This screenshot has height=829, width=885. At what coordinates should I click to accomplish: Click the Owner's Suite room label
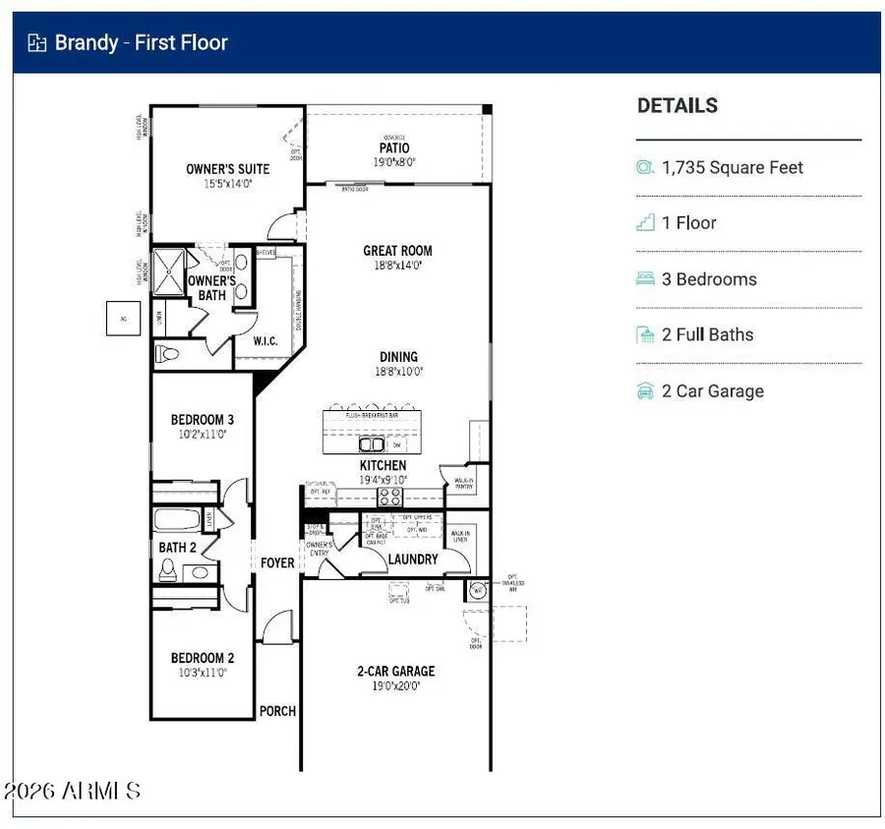pyautogui.click(x=227, y=169)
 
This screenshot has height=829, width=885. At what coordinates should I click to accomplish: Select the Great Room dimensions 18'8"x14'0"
pyautogui.click(x=398, y=266)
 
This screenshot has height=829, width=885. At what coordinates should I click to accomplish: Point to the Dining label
pyautogui.click(x=398, y=357)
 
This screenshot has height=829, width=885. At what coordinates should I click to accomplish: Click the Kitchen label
pyautogui.click(x=383, y=465)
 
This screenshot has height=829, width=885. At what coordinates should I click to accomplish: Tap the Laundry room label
pyautogui.click(x=413, y=560)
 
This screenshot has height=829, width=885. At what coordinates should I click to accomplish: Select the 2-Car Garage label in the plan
pyautogui.click(x=395, y=672)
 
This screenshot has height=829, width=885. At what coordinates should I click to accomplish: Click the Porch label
pyautogui.click(x=277, y=711)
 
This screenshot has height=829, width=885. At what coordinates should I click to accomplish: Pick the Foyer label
pyautogui.click(x=277, y=563)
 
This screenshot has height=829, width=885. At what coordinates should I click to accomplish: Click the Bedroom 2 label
pyautogui.click(x=203, y=658)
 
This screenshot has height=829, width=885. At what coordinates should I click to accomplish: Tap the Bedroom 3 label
pyautogui.click(x=203, y=420)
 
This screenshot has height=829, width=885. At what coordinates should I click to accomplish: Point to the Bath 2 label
pyautogui.click(x=177, y=548)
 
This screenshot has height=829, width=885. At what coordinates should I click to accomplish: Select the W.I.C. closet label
pyautogui.click(x=265, y=341)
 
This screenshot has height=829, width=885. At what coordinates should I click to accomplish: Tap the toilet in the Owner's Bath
pyautogui.click(x=167, y=352)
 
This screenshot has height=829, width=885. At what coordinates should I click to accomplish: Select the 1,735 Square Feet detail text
pyautogui.click(x=733, y=168)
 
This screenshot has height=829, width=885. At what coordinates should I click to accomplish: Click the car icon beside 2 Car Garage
pyautogui.click(x=645, y=391)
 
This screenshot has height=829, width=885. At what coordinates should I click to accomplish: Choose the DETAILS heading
pyautogui.click(x=678, y=106)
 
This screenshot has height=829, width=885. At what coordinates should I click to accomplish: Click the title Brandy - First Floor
pyautogui.click(x=141, y=42)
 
